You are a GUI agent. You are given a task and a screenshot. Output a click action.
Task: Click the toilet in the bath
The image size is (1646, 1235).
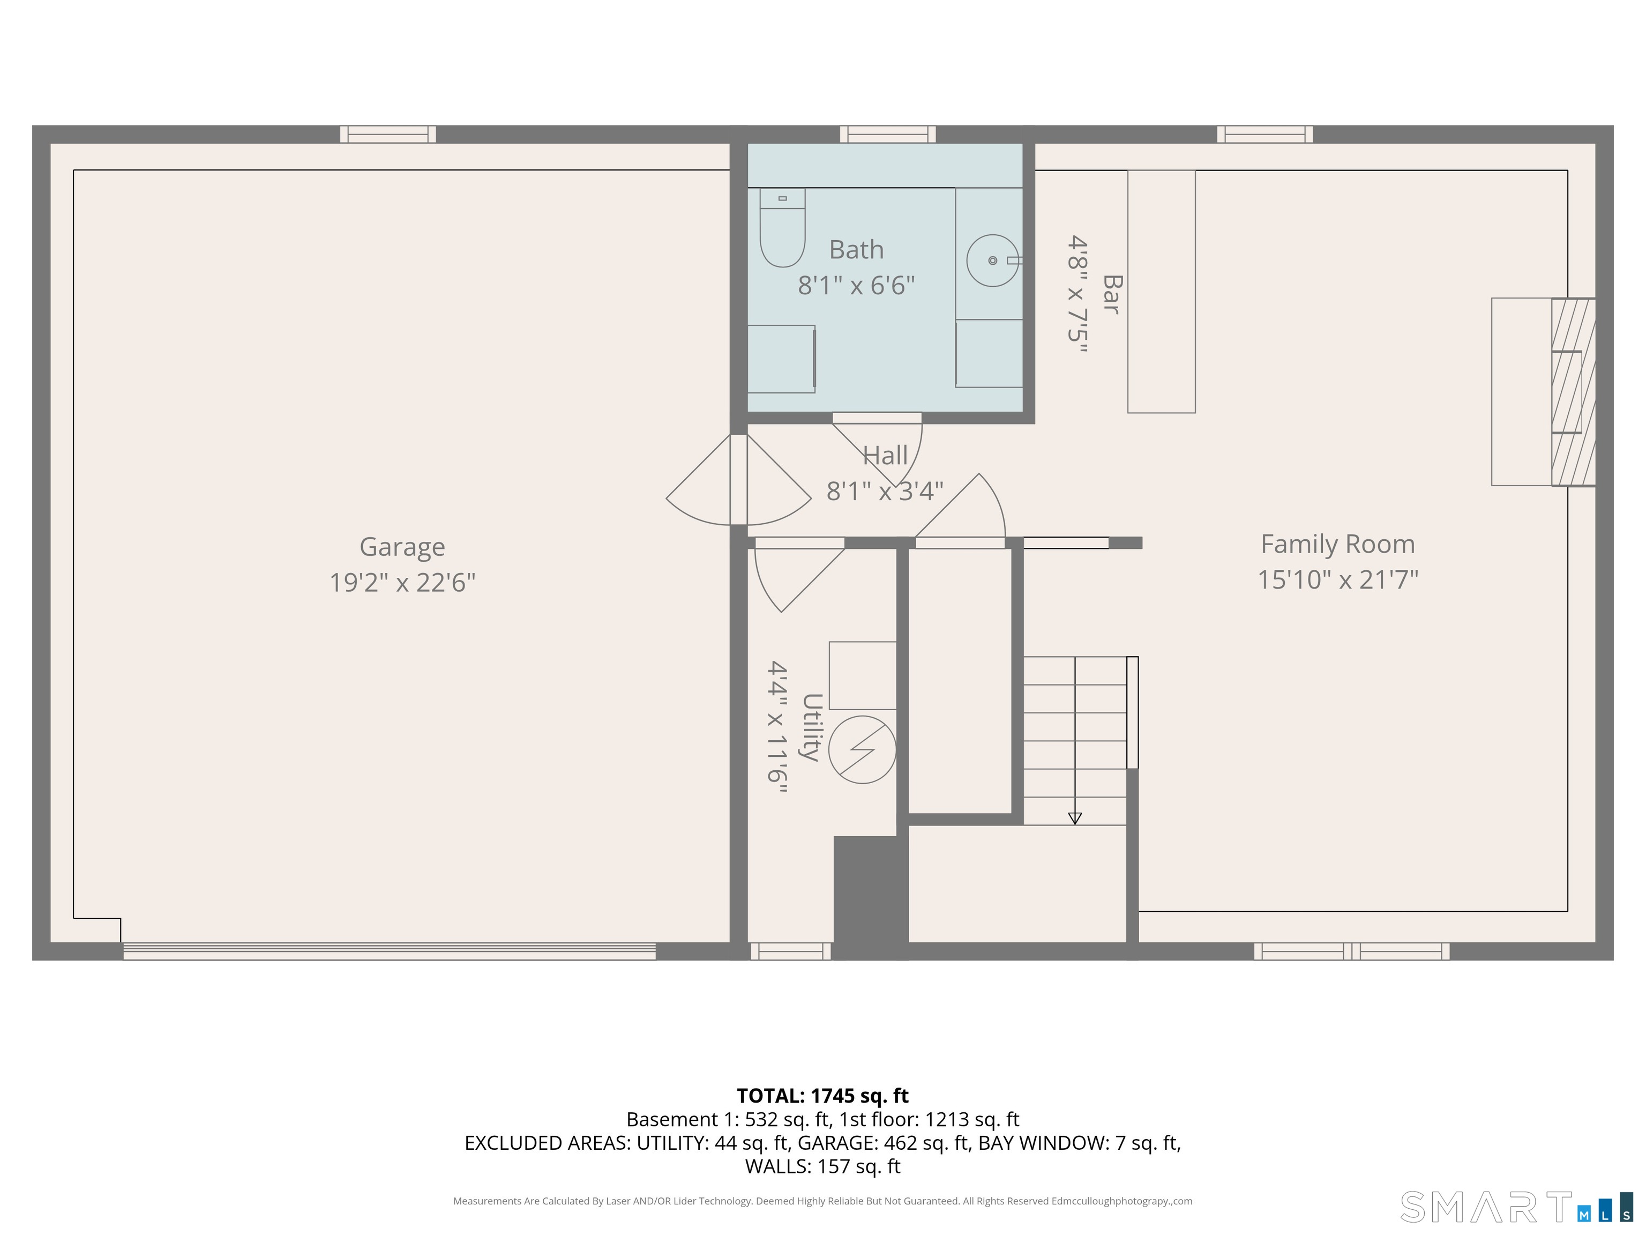tap(782, 227)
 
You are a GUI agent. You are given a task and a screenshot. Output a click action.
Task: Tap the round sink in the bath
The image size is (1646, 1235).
tap(993, 261)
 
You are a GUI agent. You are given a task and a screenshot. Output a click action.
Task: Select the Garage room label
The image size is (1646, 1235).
tap(402, 547)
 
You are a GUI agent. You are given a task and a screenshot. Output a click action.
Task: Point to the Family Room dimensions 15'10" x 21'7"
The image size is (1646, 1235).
tap(1338, 580)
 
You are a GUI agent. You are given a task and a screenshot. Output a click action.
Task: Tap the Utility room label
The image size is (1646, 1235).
tap(811, 727)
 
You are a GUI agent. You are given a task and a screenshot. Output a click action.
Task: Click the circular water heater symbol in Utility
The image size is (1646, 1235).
tap(863, 750)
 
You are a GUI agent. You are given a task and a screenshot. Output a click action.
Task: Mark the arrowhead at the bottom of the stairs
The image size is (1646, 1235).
tap(1074, 818)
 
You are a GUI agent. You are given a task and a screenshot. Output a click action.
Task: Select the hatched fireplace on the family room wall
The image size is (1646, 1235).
tap(1573, 392)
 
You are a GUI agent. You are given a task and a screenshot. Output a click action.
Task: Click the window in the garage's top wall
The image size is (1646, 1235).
tap(388, 134)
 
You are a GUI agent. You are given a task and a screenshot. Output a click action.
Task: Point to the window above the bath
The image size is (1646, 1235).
tap(888, 134)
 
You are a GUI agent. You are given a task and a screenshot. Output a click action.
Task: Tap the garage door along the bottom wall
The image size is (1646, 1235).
tap(389, 951)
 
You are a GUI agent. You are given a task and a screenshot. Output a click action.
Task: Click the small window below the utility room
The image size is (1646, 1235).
tap(790, 951)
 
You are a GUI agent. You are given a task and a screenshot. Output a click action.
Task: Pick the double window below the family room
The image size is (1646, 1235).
tap(1351, 951)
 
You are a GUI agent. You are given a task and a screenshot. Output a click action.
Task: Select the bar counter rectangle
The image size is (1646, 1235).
tap(1162, 291)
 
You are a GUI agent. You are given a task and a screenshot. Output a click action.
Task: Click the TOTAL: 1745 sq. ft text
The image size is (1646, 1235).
tap(822, 1096)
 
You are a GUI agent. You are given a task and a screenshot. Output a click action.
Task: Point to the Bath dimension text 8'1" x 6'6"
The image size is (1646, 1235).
tap(856, 285)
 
